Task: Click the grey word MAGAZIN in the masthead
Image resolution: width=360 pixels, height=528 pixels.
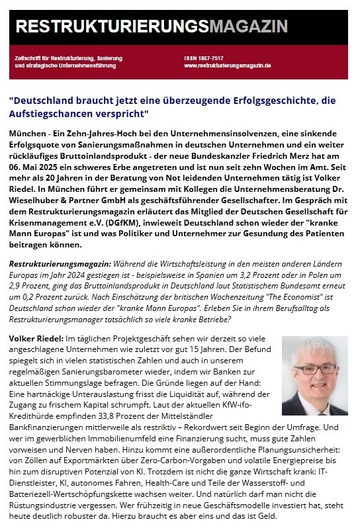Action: pyautogui.click(x=248, y=26)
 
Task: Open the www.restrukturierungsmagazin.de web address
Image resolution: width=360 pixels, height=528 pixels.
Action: pyautogui.click(x=228, y=66)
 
